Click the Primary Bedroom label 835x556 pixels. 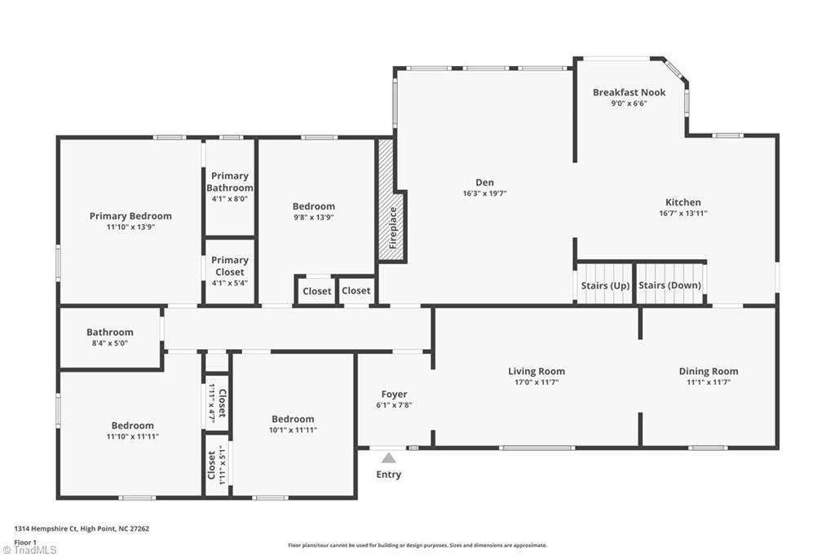pyautogui.click(x=130, y=216)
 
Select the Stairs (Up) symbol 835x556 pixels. pyautogui.click(x=605, y=285)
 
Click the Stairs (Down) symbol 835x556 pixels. pyautogui.click(x=669, y=285)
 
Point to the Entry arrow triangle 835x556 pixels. pyautogui.click(x=389, y=458)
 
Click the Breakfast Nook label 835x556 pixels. pyautogui.click(x=629, y=92)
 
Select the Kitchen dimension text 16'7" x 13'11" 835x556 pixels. pyautogui.click(x=683, y=214)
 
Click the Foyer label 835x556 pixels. pyautogui.click(x=394, y=395)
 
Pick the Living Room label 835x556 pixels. pyautogui.click(x=537, y=371)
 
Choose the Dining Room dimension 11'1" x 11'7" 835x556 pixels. pyautogui.click(x=708, y=382)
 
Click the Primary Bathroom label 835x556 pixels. pyautogui.click(x=230, y=182)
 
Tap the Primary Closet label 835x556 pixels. pyautogui.click(x=230, y=266)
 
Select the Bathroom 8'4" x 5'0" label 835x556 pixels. pyautogui.click(x=110, y=338)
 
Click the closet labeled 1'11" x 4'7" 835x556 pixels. pyautogui.click(x=217, y=401)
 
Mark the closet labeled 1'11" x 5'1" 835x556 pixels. pyautogui.click(x=216, y=465)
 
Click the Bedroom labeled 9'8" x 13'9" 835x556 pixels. pyautogui.click(x=314, y=212)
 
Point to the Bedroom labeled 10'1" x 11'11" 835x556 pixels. pyautogui.click(x=293, y=424)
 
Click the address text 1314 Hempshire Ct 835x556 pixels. pyautogui.click(x=82, y=528)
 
